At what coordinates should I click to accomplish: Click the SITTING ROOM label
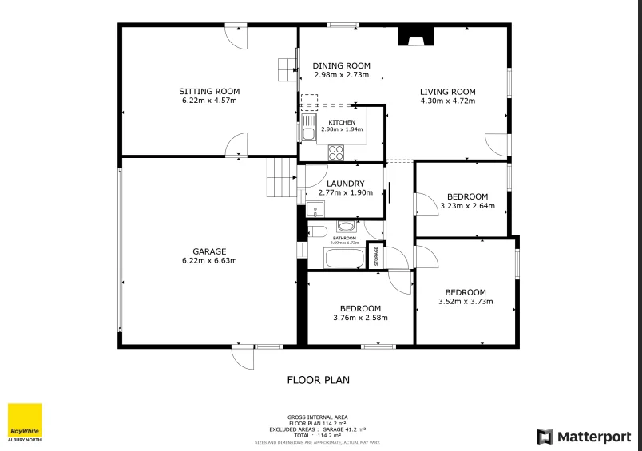click(x=209, y=92)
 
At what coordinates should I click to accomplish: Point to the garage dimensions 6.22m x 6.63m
click(x=209, y=260)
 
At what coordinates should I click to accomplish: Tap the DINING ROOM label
click(x=341, y=65)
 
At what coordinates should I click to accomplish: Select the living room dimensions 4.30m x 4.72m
click(x=447, y=101)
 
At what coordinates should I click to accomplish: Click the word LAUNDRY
click(x=346, y=184)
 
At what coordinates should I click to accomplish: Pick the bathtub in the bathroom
click(x=343, y=258)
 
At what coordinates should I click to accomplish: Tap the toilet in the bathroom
click(x=318, y=231)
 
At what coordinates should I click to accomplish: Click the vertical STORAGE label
click(x=376, y=257)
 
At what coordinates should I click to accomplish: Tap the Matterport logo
click(x=583, y=437)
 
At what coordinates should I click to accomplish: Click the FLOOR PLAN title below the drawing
click(x=318, y=380)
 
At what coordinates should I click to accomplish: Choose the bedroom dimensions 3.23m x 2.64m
click(x=467, y=205)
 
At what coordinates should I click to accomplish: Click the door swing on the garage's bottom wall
click(x=243, y=358)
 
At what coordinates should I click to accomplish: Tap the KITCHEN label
click(x=342, y=122)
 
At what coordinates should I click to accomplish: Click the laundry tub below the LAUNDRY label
click(x=315, y=211)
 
